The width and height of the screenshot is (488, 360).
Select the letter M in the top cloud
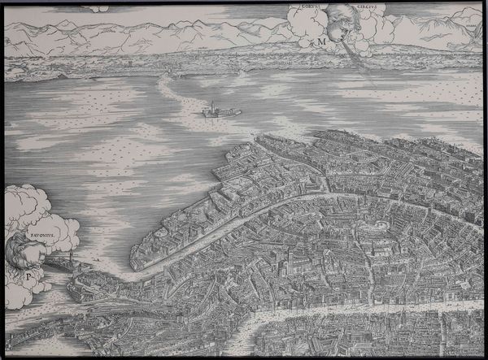(x=323, y=38)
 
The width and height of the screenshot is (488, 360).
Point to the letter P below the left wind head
(x=28, y=275)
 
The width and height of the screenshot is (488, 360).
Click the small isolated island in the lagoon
(x=218, y=111)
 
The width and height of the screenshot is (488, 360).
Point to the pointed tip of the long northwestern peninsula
(x=133, y=264)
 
